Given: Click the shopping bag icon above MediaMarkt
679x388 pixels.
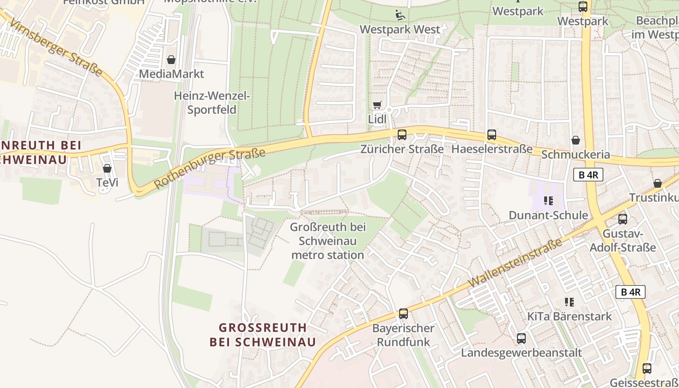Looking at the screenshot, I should click(x=171, y=60).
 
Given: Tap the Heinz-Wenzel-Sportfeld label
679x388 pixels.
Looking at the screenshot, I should click(x=212, y=103).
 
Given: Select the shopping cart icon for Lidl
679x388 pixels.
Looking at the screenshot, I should click(x=377, y=105).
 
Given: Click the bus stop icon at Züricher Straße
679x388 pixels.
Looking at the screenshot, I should click(x=402, y=135).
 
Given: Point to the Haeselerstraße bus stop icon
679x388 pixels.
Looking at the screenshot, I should click(x=492, y=135).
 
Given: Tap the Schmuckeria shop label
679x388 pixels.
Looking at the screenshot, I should click(x=575, y=154).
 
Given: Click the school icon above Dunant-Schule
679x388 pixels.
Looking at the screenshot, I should click(x=549, y=201).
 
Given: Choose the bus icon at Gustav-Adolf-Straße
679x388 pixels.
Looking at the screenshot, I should click(x=623, y=219).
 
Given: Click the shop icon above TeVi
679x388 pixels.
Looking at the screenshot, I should click(x=107, y=168).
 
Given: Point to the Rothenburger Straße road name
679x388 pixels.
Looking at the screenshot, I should click(x=210, y=169).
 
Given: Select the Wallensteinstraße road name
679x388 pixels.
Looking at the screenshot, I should click(x=516, y=262).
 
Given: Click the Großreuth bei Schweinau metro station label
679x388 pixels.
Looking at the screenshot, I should click(x=327, y=241).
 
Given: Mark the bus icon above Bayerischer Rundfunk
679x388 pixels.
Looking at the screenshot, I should click(x=404, y=314).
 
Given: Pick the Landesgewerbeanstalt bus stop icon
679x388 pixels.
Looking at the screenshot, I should click(x=521, y=339).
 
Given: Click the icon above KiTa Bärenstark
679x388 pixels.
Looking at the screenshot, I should click(x=569, y=302).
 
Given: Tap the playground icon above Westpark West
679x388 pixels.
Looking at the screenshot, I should click(x=400, y=15).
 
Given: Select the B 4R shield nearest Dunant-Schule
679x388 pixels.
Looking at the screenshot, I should click(x=588, y=175).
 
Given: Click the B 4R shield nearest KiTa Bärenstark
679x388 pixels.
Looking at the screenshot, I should click(x=630, y=292).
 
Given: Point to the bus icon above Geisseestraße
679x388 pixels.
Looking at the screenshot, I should click(x=647, y=368).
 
